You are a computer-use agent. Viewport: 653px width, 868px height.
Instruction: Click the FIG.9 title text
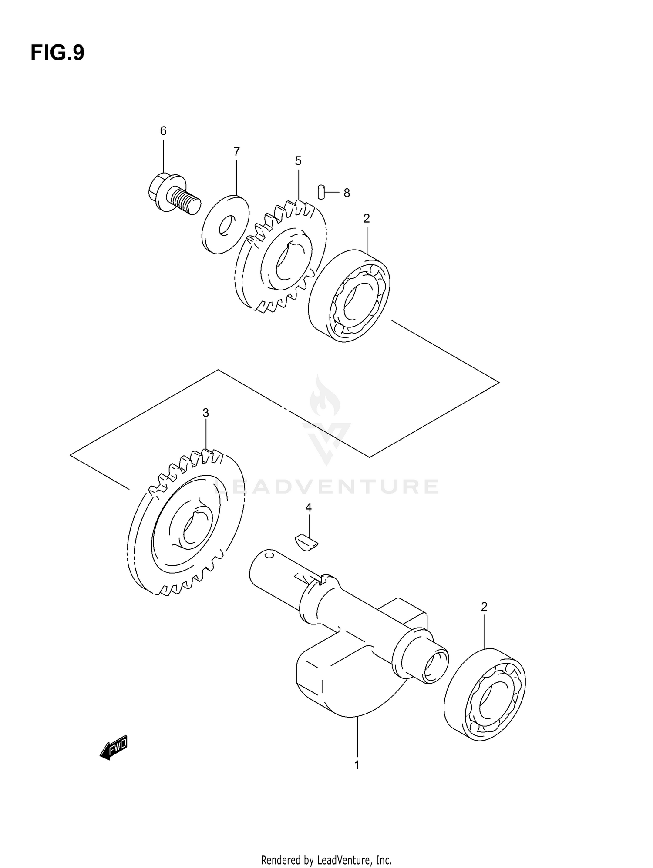tap(57, 53)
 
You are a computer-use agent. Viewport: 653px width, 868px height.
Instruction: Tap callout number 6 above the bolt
tap(163, 131)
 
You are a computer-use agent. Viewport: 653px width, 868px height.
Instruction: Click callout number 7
tap(236, 152)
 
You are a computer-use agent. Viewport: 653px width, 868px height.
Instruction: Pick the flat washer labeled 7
tap(226, 224)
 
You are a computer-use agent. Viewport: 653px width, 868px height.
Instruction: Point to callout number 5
tap(298, 161)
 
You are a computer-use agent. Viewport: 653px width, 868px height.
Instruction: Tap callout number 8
tap(347, 193)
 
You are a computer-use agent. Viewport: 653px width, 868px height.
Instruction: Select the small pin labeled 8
tap(321, 192)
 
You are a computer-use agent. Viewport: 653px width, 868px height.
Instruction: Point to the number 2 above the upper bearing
tap(367, 219)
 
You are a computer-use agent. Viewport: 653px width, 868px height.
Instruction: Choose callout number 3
tap(205, 413)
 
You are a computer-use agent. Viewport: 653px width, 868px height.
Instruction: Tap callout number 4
tap(308, 507)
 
